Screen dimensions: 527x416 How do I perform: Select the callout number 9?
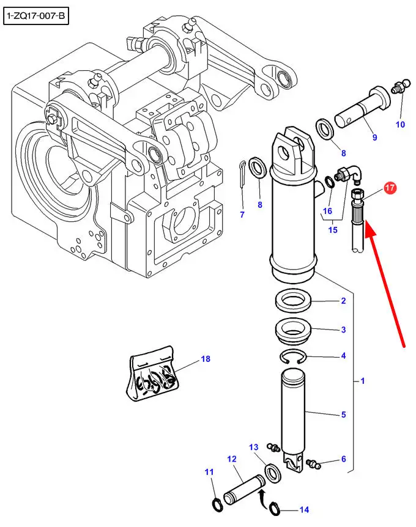coord(374,138)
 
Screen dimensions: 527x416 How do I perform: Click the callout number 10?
coord(400,125)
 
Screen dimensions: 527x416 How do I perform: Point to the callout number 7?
coord(242,215)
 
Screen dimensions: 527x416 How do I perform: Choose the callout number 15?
coord(333,230)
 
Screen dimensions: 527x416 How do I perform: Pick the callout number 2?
coord(343,301)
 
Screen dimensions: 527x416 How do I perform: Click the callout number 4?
coord(343,356)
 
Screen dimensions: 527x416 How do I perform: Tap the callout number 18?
coord(204,360)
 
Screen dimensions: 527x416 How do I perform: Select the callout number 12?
coord(232,459)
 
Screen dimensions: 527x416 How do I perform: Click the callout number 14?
coord(304,509)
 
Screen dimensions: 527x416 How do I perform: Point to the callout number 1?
coord(362,381)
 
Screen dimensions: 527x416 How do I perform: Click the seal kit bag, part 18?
coord(153,378)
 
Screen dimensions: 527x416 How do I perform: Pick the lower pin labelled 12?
coord(241,488)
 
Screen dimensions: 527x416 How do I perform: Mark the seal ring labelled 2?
coord(294,301)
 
